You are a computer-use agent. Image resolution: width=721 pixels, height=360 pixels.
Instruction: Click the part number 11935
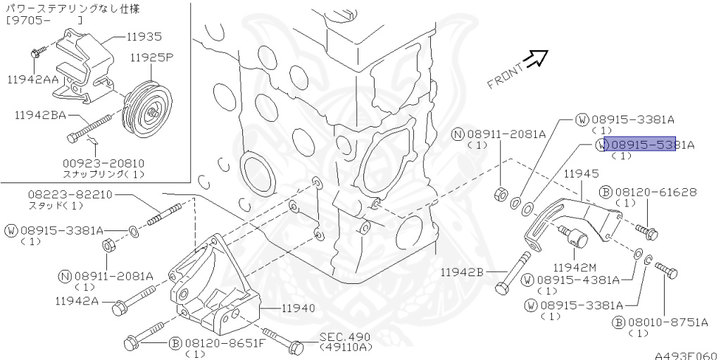(144, 37)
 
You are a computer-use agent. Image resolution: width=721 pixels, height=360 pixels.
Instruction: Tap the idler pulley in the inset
(147, 111)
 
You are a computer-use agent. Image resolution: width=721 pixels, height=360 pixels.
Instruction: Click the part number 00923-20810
(104, 163)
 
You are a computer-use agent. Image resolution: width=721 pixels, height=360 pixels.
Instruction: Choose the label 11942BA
(40, 116)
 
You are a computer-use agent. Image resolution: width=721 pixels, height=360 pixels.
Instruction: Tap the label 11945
(582, 173)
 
